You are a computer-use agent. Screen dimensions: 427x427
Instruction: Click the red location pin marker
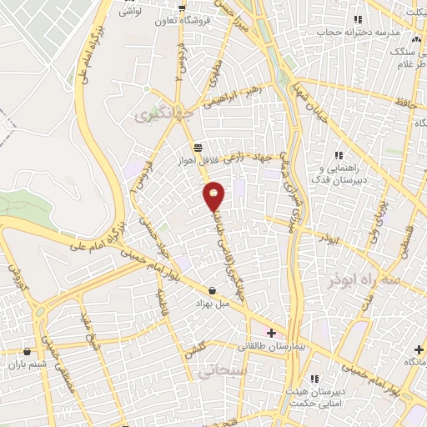click(x=214, y=196)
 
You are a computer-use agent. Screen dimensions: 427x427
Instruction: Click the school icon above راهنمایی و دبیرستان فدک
click(x=339, y=155)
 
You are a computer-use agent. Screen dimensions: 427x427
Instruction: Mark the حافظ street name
click(x=406, y=103)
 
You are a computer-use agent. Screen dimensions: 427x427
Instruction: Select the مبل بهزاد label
click(x=213, y=304)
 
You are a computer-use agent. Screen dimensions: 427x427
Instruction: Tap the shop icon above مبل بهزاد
click(x=213, y=291)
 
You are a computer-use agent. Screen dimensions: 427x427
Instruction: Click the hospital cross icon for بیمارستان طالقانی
click(x=271, y=333)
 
